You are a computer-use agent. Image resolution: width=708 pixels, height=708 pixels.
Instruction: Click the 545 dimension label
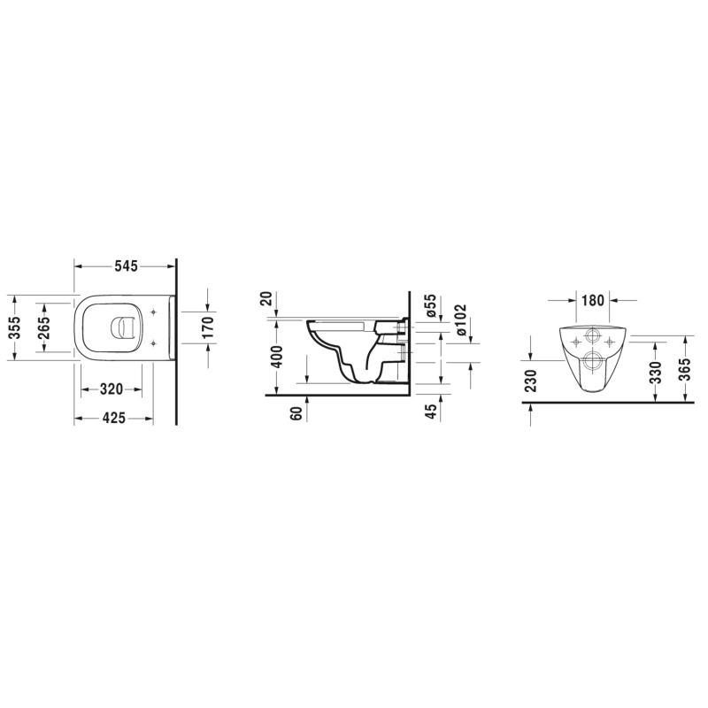pyautogui.click(x=125, y=266)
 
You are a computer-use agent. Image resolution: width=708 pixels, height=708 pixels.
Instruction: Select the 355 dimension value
pyautogui.click(x=15, y=327)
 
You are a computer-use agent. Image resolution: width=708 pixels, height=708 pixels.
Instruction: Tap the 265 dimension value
pyautogui.click(x=44, y=327)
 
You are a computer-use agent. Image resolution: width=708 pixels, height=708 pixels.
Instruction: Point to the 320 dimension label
pyautogui.click(x=112, y=389)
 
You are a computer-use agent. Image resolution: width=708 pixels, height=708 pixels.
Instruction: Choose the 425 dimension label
pyautogui.click(x=113, y=419)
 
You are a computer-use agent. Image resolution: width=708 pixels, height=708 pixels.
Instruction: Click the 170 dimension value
pyautogui.click(x=208, y=327)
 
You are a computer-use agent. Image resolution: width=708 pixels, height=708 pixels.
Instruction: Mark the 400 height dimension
pyautogui.click(x=278, y=357)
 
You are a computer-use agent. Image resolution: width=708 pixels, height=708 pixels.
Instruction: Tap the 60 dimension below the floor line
pyautogui.click(x=296, y=413)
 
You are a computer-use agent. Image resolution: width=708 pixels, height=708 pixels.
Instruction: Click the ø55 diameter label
pyautogui.click(x=431, y=305)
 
